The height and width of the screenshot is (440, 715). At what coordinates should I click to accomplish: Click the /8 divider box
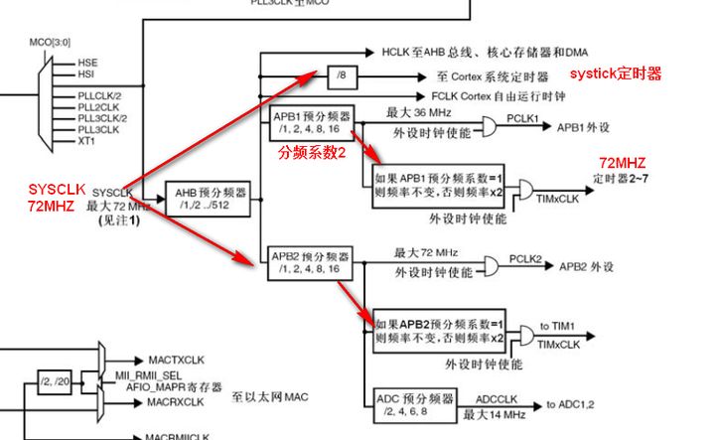[342, 75]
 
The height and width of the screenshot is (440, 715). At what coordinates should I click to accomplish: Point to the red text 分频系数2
[312, 153]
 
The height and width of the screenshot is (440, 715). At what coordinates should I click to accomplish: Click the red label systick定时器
[615, 73]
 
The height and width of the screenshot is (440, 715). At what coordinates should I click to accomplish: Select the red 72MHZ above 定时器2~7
[620, 161]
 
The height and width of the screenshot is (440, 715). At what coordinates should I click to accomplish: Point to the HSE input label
[87, 63]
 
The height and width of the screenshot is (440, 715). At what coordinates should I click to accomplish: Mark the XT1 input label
[87, 140]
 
